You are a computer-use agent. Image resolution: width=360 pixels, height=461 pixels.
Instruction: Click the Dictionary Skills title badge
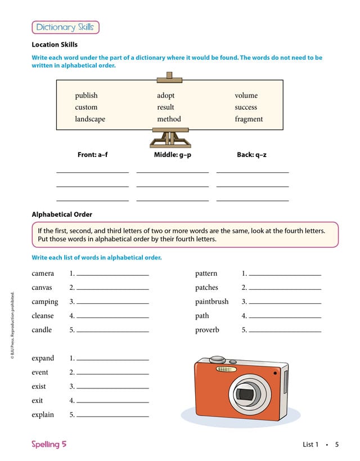65,27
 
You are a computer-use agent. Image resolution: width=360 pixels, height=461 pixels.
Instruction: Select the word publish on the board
86,96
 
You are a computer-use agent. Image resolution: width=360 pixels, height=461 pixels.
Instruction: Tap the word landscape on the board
90,119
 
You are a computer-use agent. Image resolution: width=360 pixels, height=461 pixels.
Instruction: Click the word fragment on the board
249,119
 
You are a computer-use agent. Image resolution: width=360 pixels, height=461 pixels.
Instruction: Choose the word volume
246,96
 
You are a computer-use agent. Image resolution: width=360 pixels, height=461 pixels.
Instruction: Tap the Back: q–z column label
251,154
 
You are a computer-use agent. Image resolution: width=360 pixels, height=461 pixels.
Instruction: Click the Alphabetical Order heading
62,214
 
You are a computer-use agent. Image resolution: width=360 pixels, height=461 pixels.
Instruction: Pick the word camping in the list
44,302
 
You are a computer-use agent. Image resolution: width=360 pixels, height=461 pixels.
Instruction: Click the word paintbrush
211,302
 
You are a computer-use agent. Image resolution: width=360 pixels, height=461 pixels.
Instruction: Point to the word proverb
207,330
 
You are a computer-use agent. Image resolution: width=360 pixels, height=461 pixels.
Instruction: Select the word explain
43,415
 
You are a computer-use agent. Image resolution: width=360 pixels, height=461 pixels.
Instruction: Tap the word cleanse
43,316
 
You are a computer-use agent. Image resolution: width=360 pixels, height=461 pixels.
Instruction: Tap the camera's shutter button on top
217,359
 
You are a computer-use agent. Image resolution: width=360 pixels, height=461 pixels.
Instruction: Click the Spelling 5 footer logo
49,444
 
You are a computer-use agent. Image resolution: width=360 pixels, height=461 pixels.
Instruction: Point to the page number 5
336,445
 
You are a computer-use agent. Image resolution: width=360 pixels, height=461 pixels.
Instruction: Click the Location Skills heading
55,44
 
